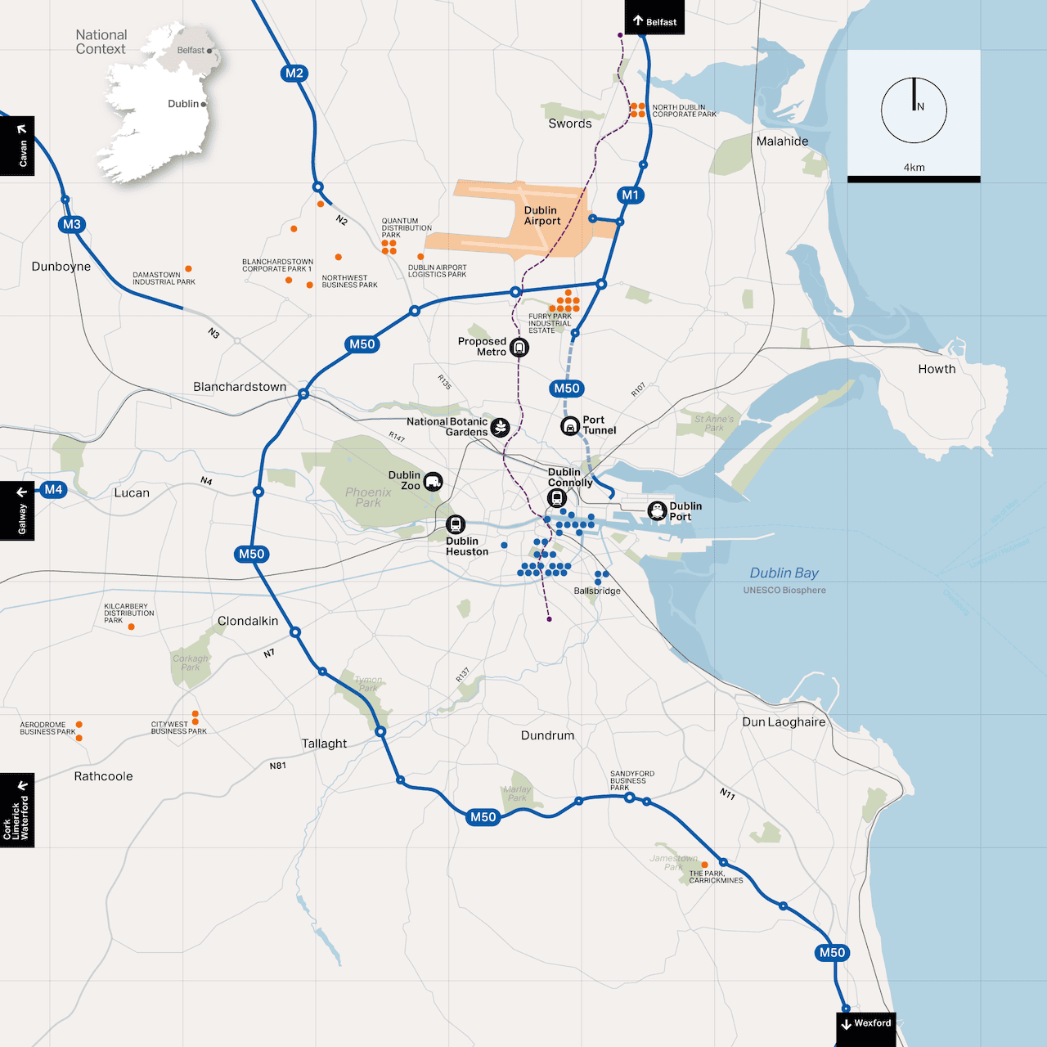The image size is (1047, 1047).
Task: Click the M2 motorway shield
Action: [294, 74]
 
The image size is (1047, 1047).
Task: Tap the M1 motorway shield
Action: [630, 195]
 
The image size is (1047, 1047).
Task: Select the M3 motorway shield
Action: [72, 224]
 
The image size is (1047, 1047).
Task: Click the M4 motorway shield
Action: [53, 490]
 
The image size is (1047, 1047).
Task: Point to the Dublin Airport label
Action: [542, 216]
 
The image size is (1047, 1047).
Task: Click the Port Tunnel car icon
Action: [570, 426]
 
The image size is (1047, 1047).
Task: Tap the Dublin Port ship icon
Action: [657, 511]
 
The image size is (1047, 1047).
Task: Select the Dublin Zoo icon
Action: [433, 482]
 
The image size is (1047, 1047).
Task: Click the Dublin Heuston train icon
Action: [456, 524]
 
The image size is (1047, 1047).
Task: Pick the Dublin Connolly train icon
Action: [557, 498]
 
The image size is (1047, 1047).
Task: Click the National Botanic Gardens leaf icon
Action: [500, 427]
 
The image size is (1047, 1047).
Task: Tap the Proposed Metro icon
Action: [519, 348]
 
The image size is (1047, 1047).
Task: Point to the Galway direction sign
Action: [17, 511]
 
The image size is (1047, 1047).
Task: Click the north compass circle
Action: [914, 110]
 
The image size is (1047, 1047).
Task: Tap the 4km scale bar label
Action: [914, 168]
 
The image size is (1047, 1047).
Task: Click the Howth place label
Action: [937, 369]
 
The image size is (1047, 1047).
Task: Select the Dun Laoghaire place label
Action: [784, 722]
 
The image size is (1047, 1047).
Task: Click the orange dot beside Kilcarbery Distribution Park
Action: [131, 627]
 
